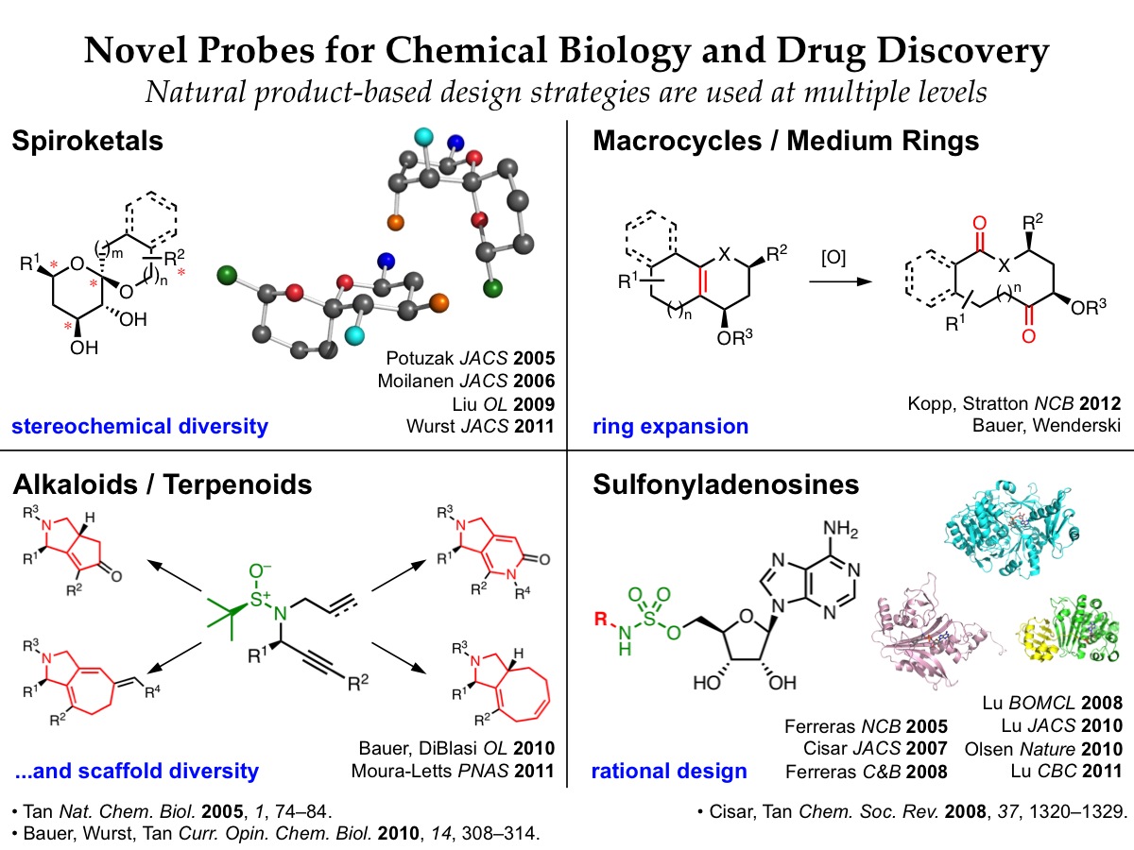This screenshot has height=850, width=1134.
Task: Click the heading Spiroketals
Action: (87, 143)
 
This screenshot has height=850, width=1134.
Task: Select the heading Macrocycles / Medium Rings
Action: (785, 143)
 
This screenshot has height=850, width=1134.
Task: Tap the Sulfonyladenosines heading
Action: (726, 485)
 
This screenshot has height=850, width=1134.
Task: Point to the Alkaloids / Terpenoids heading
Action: (162, 485)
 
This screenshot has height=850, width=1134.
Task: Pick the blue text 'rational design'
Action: (669, 772)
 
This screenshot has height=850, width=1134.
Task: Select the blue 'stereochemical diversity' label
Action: (140, 427)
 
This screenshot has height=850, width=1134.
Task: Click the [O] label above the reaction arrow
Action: (833, 255)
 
